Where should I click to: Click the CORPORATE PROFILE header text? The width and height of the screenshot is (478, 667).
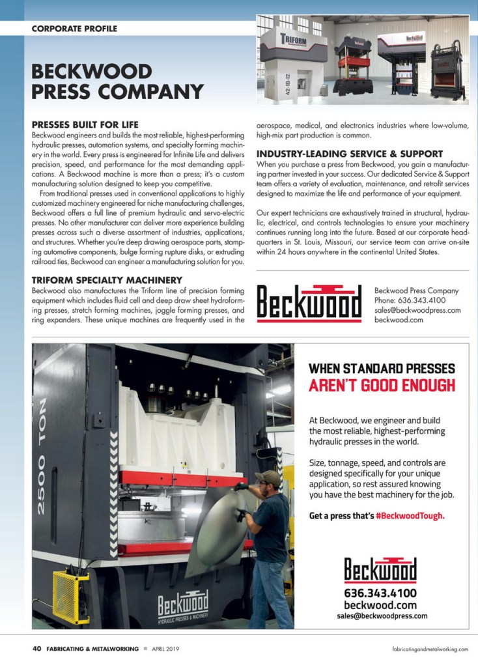(74, 29)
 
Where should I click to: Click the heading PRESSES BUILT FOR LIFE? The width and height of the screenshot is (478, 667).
(94, 124)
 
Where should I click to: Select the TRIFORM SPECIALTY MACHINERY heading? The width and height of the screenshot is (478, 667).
(107, 280)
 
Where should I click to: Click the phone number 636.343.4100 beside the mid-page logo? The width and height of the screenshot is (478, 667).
(410, 300)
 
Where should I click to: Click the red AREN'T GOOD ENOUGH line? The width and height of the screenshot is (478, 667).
(382, 385)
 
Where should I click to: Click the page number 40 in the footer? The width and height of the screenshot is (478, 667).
(37, 649)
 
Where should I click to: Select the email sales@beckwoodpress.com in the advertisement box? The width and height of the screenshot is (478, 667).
(382, 615)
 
